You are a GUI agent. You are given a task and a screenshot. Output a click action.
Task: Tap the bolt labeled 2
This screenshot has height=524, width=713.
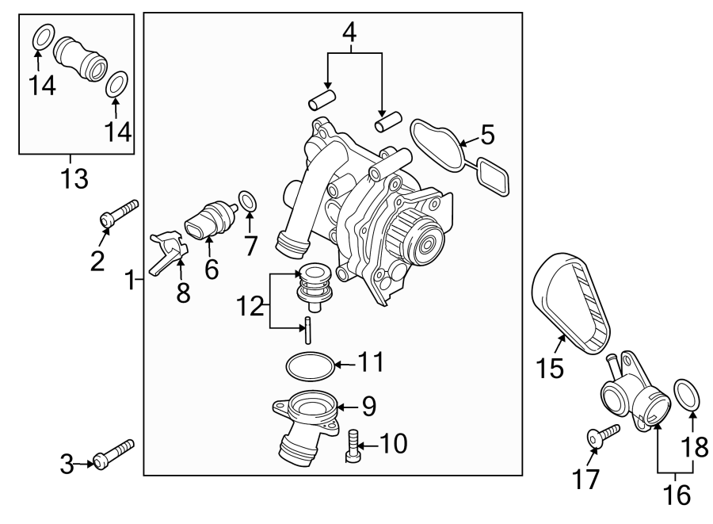pos(119,212)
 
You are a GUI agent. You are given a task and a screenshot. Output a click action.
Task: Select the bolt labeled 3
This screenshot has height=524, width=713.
pos(114,454)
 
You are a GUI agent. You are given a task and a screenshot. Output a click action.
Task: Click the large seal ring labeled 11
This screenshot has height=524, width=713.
pos(307,366)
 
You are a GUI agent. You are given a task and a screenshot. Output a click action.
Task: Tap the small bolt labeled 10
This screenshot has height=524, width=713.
pos(354,446)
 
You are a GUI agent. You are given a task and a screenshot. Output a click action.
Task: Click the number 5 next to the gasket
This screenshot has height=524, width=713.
pos(486,136)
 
